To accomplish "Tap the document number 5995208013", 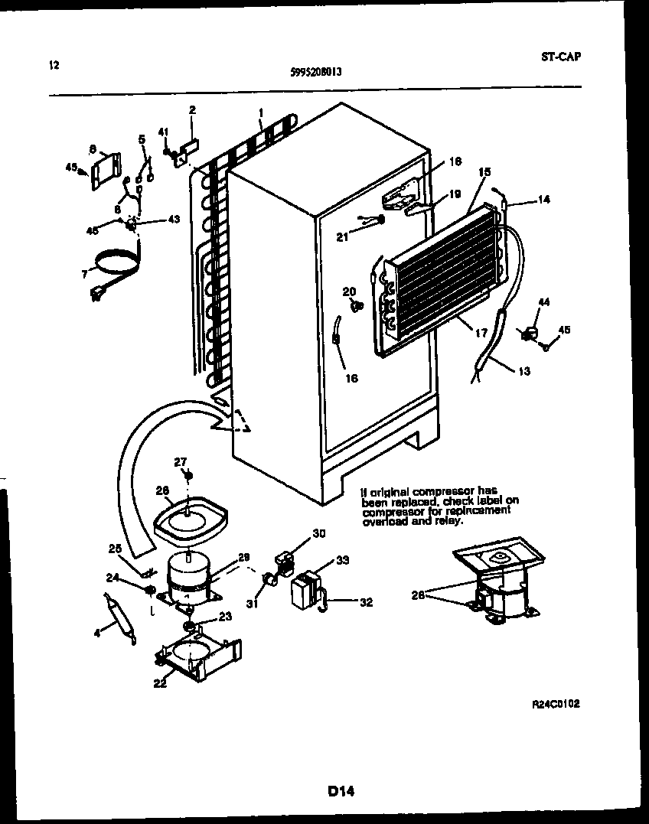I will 316,73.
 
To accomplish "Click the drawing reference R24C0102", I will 555,703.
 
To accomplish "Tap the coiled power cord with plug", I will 115,268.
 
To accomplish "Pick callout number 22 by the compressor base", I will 159,683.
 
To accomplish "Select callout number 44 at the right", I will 544,304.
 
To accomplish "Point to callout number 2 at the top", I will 192,109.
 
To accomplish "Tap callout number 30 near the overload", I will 319,533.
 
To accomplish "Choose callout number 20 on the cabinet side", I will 348,291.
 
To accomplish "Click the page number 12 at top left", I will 54,65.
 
